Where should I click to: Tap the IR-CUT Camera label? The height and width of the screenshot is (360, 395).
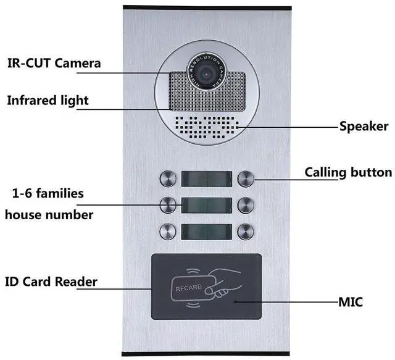coord(54,63)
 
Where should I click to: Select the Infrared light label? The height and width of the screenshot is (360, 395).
coord(48,100)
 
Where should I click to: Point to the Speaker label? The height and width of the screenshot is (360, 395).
coord(364,127)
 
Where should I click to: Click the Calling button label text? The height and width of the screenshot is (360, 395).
coord(348,173)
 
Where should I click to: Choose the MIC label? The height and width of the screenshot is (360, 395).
coord(351,302)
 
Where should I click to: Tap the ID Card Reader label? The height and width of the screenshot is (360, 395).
coord(51,282)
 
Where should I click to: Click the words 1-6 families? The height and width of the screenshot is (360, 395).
coord(48,194)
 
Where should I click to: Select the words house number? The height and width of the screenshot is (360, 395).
coord(49,215)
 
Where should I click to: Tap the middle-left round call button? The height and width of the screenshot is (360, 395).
coord(168,205)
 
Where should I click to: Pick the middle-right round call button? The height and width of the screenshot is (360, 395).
coord(246,205)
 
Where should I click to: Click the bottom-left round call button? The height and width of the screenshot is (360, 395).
coord(168,232)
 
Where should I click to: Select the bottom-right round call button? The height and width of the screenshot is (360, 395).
coord(246,232)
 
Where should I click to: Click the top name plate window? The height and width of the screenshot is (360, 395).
coord(207,179)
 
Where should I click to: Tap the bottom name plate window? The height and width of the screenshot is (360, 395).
coord(207,232)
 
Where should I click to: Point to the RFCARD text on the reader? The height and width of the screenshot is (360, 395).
coord(189,288)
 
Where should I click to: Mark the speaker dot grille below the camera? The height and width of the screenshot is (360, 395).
coord(207,127)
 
